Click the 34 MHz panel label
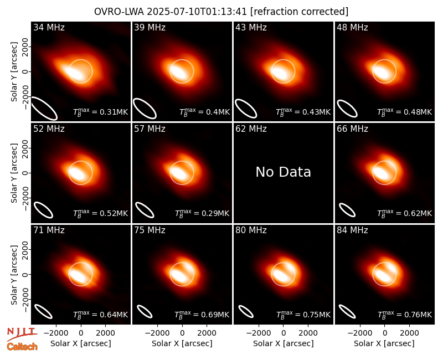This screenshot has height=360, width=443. tap(49, 27)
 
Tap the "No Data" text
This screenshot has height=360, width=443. tap(283, 172)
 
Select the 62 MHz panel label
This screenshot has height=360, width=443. tap(251, 129)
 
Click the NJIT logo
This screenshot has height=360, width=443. tap(22, 334)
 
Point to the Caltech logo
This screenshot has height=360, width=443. tap(22, 347)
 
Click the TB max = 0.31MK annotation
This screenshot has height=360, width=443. tap(101, 112)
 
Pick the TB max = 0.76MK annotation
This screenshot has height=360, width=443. tap(405, 314)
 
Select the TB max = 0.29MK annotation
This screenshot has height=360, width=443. tap(202, 213)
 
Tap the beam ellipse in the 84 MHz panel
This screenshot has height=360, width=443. tap(347, 311)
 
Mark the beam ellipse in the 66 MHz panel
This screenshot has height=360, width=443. tap(347, 210)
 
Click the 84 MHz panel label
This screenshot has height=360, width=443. tap(352, 230)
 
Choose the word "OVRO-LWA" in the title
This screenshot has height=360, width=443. tap(119, 12)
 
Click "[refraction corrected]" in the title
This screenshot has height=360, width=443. tap(300, 12)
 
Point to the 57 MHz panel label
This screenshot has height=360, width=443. tap(150, 129)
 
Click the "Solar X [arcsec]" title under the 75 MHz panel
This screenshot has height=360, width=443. tap(182, 343)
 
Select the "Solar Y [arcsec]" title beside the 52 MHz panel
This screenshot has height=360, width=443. tap(14, 173)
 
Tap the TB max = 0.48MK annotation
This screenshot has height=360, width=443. tap(405, 112)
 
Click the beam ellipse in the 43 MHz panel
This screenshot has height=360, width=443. tap(246, 109)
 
